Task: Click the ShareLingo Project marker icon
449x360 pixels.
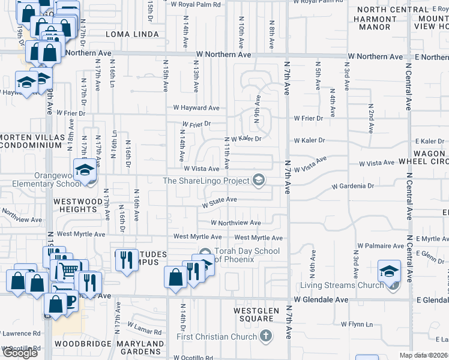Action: tap(259, 180)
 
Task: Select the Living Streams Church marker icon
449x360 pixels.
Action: tap(393, 285)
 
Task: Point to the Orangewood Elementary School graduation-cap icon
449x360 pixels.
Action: tap(85, 169)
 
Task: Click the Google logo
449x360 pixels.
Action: tap(19, 353)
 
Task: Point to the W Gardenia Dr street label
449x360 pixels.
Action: tap(353, 186)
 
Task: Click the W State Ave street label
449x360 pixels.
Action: tap(220, 199)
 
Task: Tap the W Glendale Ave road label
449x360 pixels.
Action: tap(321, 299)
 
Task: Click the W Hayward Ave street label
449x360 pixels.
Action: tap(196, 108)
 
